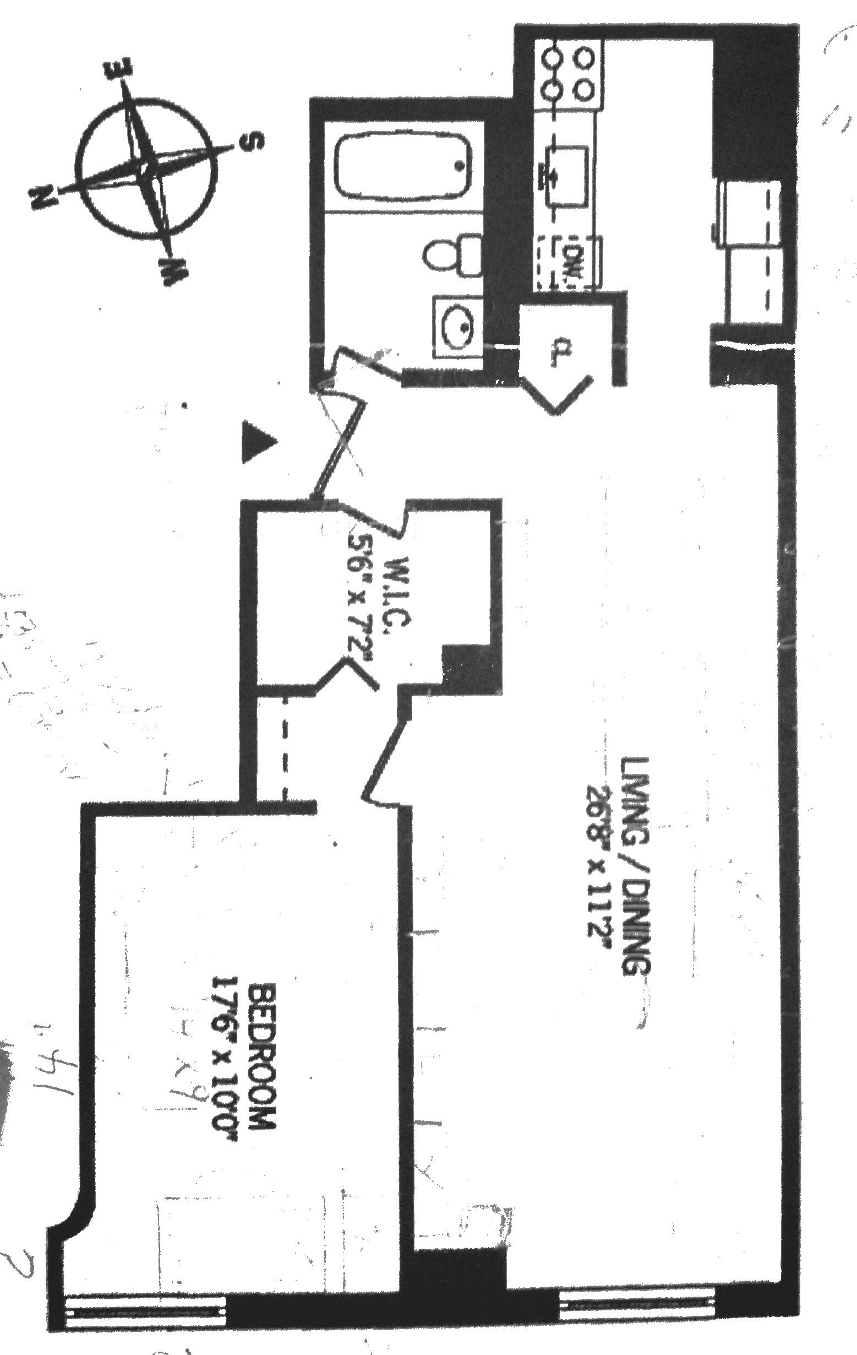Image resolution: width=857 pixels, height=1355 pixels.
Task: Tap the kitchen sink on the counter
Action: pos(566,176)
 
